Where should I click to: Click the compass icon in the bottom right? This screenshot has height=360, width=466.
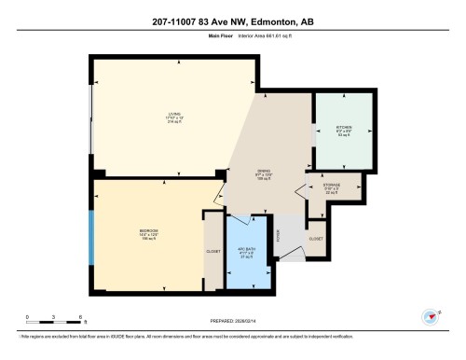point(431,315)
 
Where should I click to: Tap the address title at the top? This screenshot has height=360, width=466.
point(233,21)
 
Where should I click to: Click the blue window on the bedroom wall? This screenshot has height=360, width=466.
point(89,239)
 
